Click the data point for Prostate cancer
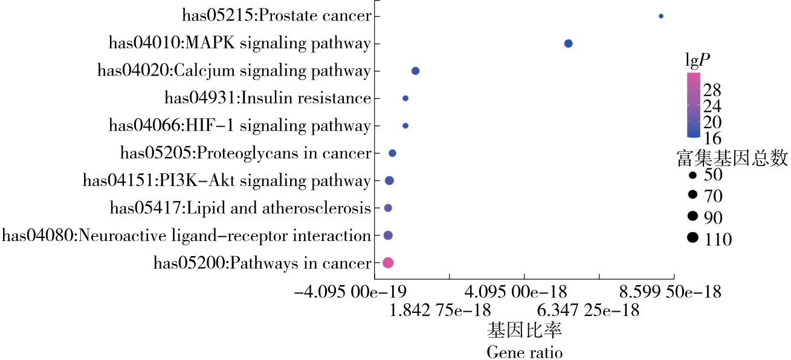[x=660, y=16]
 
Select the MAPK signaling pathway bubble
[x=568, y=43]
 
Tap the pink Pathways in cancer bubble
[x=388, y=262]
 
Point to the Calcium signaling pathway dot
[x=415, y=71]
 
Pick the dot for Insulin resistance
[x=405, y=98]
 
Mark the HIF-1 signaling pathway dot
[x=405, y=126]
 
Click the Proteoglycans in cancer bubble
[x=392, y=153]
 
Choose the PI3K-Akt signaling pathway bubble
[x=389, y=180]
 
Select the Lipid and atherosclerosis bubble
[x=388, y=208]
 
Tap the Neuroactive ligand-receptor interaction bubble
[x=388, y=235]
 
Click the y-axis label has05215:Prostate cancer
[x=276, y=16]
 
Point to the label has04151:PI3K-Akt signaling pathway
[x=226, y=180]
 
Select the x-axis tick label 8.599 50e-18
[x=670, y=292]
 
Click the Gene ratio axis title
[x=525, y=352]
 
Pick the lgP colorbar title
[x=697, y=60]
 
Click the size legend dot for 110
[x=693, y=238]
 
